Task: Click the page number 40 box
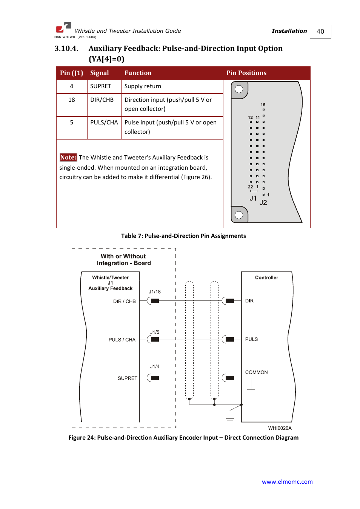click(x=320, y=32)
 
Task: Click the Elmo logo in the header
click(x=63, y=28)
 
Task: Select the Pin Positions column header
click(x=246, y=73)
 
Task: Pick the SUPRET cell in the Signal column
click(x=101, y=86)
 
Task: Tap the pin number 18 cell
click(x=72, y=100)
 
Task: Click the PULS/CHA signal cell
click(x=104, y=123)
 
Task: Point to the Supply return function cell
click(x=143, y=86)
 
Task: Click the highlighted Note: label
click(x=68, y=158)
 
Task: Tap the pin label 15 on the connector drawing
click(x=263, y=105)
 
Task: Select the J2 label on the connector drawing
click(x=263, y=203)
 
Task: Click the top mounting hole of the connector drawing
click(x=239, y=89)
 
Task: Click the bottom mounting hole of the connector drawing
click(x=239, y=215)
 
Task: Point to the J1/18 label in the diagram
click(x=155, y=292)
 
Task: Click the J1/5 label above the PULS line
click(x=155, y=333)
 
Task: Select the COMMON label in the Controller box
click(x=257, y=373)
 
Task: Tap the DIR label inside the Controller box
click(x=249, y=301)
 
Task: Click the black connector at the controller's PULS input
click(x=230, y=339)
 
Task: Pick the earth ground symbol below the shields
click(x=230, y=420)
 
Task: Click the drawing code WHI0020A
click(x=280, y=428)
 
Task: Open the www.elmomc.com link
click(x=287, y=482)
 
